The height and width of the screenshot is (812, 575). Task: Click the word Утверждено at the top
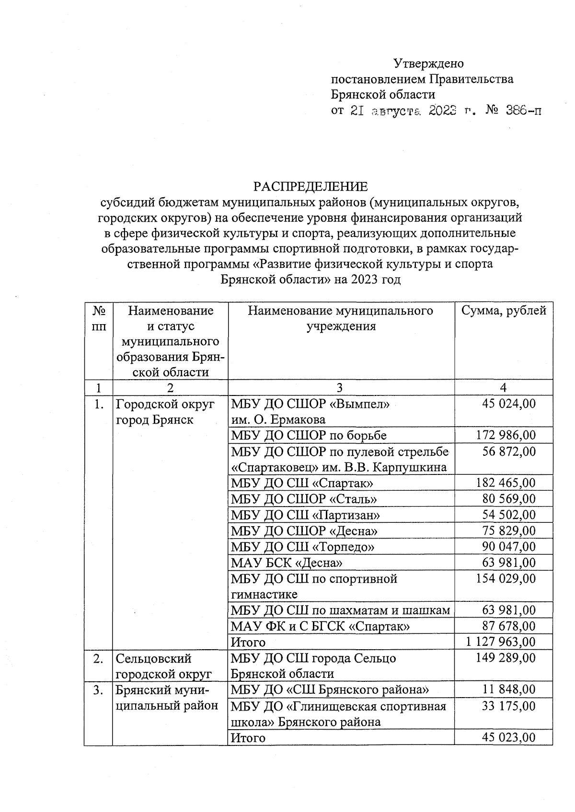point(428,63)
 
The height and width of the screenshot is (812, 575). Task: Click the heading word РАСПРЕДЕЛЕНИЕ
point(310,186)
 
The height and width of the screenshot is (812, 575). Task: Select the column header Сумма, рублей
point(504,311)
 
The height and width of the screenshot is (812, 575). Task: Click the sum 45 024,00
point(509,404)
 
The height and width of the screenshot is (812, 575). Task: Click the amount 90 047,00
point(509,546)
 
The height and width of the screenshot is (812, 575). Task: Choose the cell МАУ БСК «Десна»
point(287,563)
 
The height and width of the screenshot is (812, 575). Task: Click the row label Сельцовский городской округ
point(164,665)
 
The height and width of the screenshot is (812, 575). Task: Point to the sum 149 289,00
point(506,658)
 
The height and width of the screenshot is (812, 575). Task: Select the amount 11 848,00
point(509,689)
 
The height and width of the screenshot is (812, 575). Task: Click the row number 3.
point(98,690)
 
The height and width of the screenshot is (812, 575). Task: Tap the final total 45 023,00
point(509,737)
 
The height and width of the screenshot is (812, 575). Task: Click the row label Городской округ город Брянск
point(165,412)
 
